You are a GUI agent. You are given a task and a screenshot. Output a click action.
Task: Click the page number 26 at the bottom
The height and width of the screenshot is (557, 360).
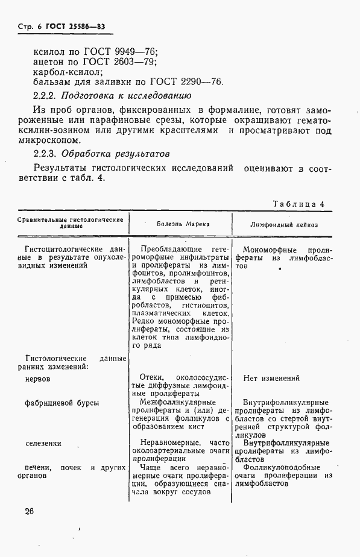pos(30,511)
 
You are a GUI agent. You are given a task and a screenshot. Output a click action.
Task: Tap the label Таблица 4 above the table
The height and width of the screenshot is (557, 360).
pos(298,204)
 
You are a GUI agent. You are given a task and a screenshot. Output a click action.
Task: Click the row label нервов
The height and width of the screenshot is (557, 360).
pos(37,379)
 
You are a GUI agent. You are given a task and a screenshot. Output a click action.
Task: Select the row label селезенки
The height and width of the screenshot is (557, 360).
pos(43,443)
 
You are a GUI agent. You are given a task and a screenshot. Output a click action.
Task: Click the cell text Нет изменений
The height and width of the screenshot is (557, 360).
pos(271,379)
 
